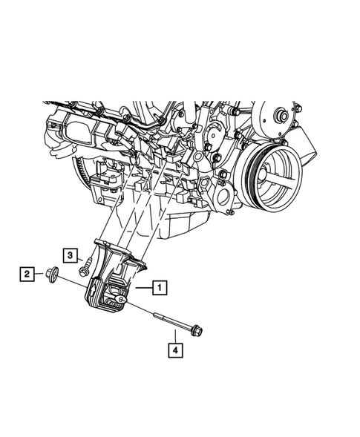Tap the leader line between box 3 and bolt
pyautogui.click(x=79, y=257)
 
